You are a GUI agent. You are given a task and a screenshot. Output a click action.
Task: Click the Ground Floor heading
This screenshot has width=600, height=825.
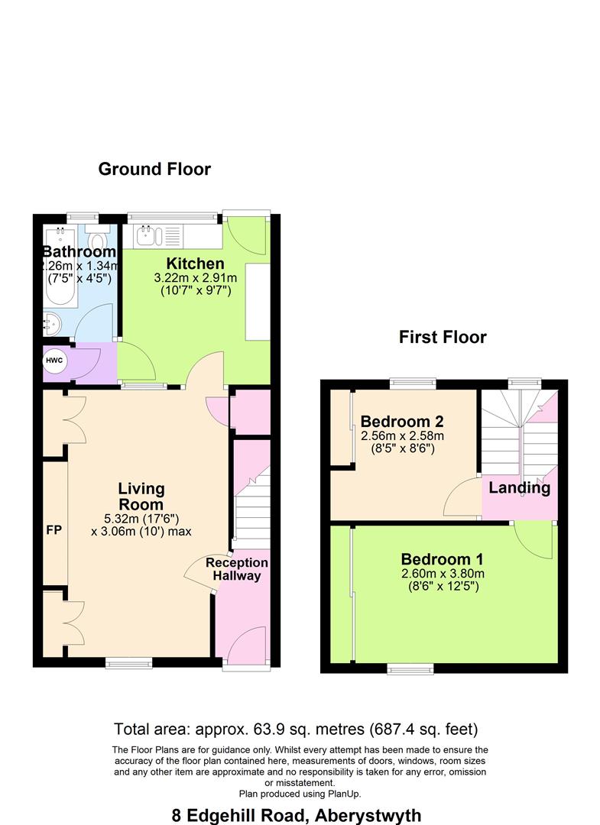coord(154,169)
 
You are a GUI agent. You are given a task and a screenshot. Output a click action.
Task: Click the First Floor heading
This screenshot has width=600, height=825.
coord(443,337)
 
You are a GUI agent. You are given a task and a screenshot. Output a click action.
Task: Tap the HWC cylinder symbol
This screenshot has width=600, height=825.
coord(54,361)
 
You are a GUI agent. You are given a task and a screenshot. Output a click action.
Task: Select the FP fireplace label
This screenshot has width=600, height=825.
coord(53,529)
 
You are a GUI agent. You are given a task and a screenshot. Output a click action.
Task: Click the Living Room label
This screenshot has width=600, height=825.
coord(141,497)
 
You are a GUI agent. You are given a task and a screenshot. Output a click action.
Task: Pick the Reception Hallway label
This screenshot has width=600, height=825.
coord(237,569)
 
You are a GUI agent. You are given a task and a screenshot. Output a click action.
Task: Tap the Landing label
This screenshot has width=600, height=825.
coord(520,487)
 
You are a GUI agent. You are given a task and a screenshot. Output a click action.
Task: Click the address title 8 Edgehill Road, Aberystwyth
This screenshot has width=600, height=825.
coord(297,815)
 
